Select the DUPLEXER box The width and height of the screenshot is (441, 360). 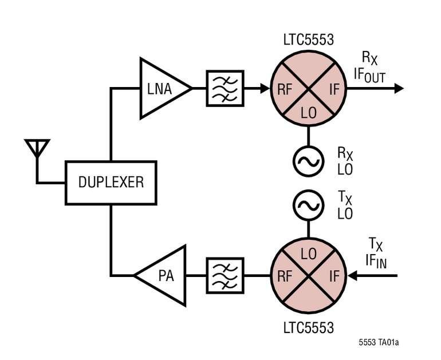point(111,183)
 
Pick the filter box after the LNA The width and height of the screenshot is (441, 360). point(225,89)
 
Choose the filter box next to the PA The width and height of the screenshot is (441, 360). point(225,276)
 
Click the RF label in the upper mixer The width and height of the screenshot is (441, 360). point(285,90)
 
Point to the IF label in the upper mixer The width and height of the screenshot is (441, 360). point(334,90)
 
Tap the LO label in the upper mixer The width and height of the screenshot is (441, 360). point(309,113)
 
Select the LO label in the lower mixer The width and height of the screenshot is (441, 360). point(309,254)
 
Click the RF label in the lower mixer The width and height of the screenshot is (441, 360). point(285,276)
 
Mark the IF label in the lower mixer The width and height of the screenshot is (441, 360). point(334,276)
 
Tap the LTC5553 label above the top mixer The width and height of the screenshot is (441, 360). point(309,39)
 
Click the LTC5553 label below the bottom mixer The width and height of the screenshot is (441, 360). point(309,328)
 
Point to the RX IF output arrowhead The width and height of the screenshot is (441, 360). point(399,89)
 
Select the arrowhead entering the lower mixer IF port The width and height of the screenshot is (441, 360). point(352,276)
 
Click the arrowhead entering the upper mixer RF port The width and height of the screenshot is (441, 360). point(265,89)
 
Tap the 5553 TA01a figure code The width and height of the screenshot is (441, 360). point(379,343)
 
